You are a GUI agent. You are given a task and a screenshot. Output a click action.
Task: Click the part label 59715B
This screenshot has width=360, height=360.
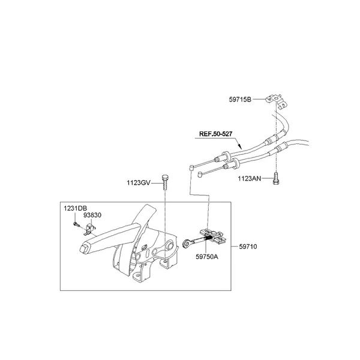[240, 100]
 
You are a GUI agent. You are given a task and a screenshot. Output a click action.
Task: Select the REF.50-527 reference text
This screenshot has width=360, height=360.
[215, 134]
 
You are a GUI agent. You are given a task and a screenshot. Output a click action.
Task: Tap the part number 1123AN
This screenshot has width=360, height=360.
[250, 178]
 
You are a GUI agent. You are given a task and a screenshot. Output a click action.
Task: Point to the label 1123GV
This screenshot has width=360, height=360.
[139, 183]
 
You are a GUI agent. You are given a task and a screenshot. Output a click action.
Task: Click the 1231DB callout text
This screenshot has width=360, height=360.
[76, 208]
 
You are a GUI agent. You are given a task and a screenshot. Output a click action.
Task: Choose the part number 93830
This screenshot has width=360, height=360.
[92, 215]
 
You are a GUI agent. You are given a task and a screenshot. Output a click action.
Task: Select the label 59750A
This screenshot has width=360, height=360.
[207, 257]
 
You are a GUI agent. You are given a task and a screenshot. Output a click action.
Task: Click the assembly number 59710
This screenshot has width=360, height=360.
[248, 247]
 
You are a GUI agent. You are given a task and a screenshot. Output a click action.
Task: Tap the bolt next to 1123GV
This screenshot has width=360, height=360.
[164, 182]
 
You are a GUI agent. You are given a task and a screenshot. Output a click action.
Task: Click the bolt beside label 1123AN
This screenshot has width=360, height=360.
[275, 178]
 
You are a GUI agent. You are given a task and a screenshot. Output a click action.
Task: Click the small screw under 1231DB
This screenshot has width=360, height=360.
[77, 224]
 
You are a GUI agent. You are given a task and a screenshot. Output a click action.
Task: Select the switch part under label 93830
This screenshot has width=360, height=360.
[90, 230]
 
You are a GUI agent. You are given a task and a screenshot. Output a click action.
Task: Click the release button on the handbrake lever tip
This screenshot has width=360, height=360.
[83, 248]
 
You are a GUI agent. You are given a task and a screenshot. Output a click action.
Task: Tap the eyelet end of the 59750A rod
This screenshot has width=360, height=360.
[187, 243]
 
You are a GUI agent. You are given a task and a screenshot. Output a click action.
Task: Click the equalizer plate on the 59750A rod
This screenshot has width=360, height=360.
[214, 236]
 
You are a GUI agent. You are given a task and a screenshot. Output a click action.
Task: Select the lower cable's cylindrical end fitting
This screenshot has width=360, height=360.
[200, 175]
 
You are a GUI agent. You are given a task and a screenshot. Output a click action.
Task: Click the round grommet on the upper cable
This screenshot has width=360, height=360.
[225, 155]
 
